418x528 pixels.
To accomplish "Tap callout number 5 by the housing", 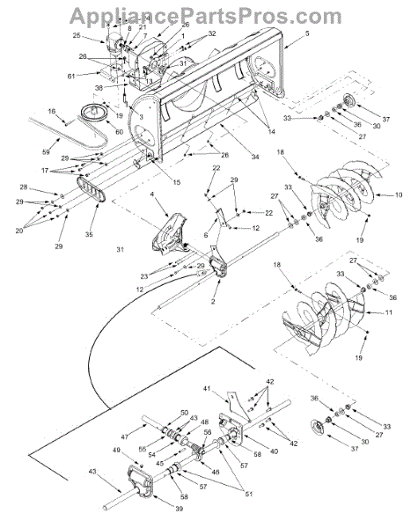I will [307, 33].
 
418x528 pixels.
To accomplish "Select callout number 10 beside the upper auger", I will [400, 194].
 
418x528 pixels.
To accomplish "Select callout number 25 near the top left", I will [77, 35].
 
